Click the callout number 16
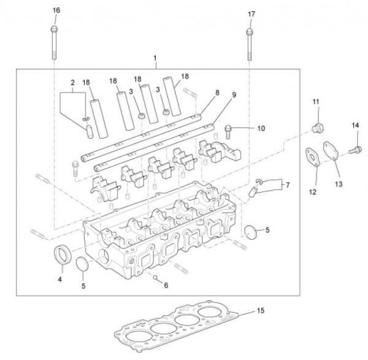[x=56, y=10]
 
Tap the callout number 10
[x=261, y=129]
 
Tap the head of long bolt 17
[x=249, y=31]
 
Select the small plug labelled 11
[x=318, y=127]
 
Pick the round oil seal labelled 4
[x=62, y=255]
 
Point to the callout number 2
[x=72, y=82]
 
